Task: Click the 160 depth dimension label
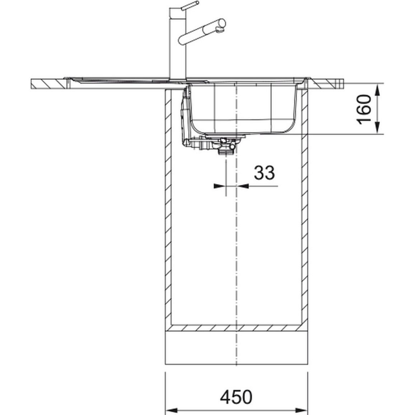[x=364, y=109]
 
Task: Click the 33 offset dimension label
[x=264, y=173]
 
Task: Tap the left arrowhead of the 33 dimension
[x=220, y=186]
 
